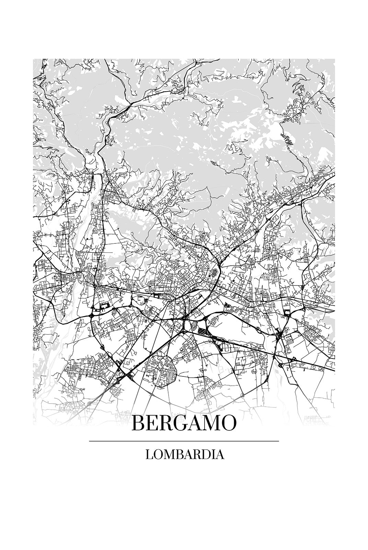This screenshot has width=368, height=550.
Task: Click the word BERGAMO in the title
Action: coord(184,423)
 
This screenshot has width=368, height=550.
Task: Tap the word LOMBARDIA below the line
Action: coord(185,454)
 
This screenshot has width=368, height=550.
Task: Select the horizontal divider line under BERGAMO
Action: coord(184,441)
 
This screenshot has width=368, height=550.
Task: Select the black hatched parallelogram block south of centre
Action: coord(199,331)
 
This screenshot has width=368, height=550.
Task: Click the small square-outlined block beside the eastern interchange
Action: coord(287,312)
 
